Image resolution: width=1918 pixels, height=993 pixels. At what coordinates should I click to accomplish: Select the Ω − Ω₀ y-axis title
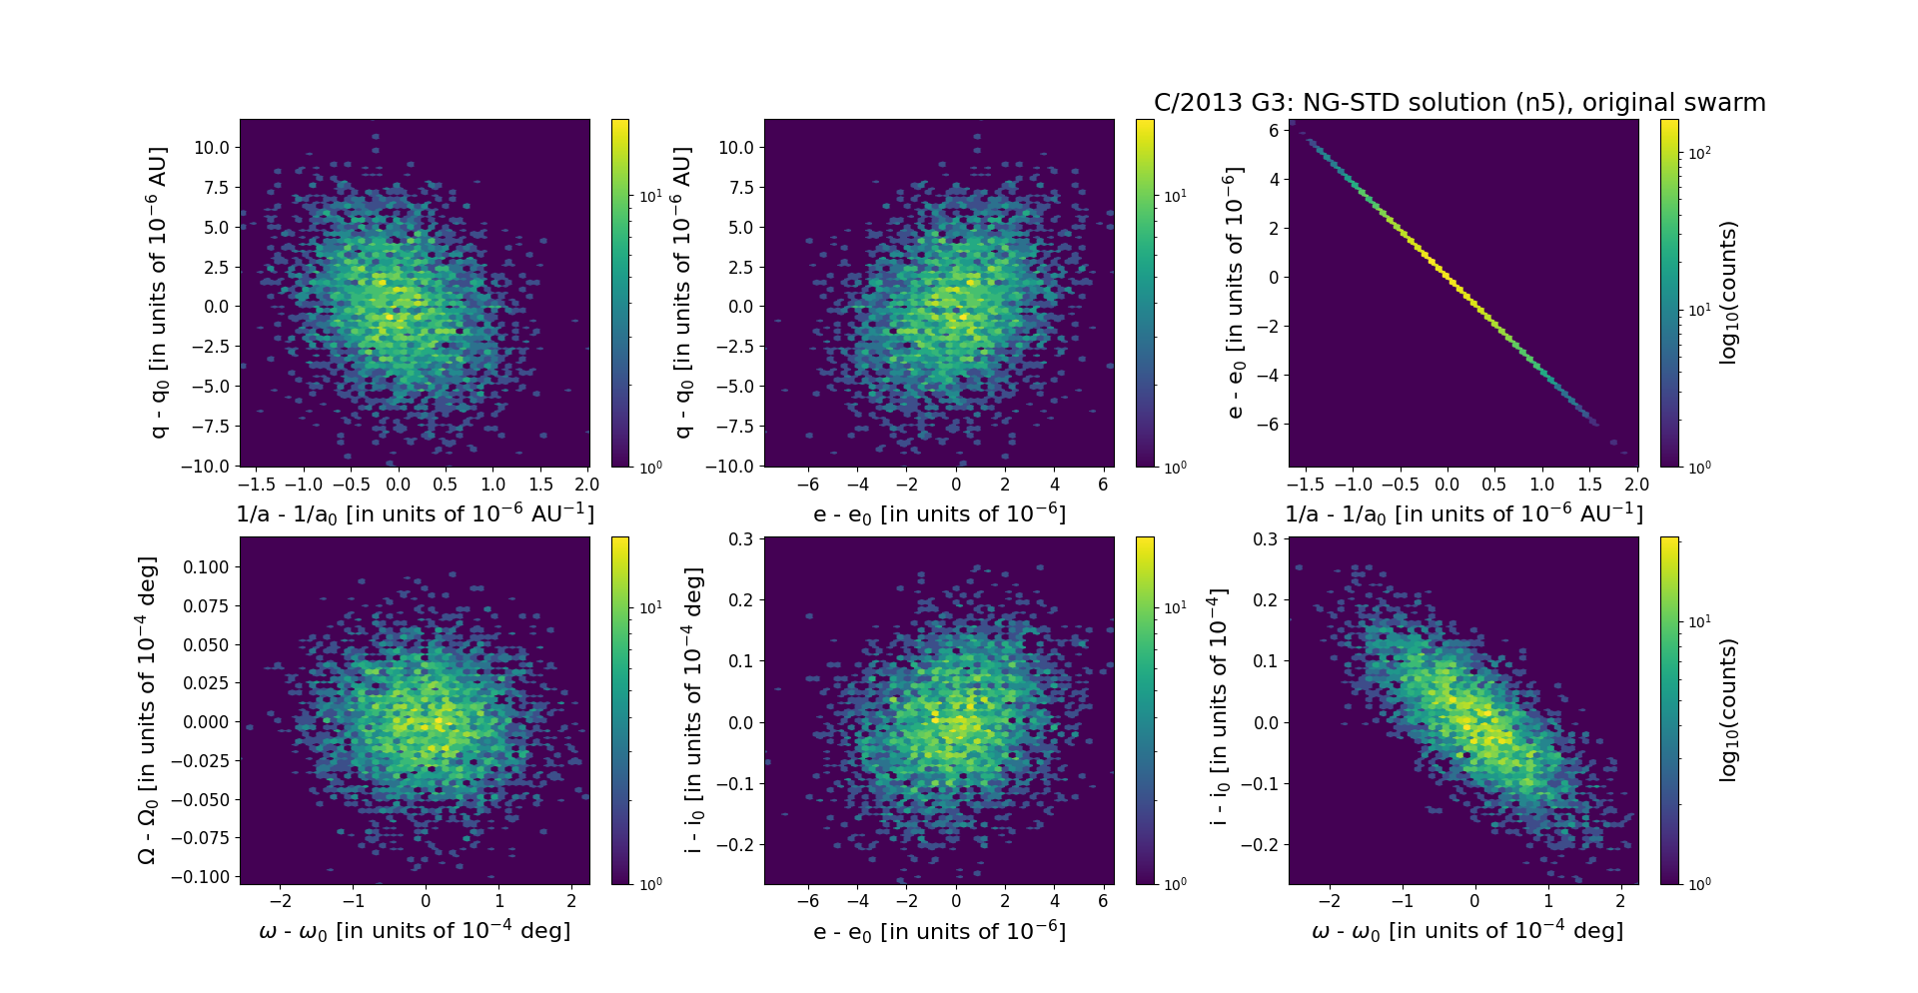point(147,710)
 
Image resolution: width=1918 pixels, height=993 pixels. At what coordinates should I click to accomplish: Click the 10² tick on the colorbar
point(1698,153)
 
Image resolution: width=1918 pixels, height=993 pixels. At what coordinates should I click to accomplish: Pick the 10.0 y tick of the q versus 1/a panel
point(211,148)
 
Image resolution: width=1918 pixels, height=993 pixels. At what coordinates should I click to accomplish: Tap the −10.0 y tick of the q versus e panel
point(728,467)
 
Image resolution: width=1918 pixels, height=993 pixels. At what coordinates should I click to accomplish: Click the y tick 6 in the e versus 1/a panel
point(1274,130)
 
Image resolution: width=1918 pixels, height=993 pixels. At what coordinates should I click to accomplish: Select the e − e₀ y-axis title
point(1236,293)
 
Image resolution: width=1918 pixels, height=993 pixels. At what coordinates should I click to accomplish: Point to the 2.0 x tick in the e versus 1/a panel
point(1636,485)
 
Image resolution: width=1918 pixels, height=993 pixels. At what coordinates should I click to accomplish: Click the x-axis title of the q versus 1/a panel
point(415,514)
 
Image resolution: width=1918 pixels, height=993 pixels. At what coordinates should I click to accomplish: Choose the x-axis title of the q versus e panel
point(939,514)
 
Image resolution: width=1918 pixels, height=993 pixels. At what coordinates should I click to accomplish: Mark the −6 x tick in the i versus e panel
point(808,901)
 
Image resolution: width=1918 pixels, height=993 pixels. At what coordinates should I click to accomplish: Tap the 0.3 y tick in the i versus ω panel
point(1265,539)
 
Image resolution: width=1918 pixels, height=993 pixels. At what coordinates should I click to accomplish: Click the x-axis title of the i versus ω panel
point(1466,931)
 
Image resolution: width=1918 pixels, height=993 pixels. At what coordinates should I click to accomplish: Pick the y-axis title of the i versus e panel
point(694,710)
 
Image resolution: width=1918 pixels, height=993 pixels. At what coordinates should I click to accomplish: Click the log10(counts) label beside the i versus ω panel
point(1729,710)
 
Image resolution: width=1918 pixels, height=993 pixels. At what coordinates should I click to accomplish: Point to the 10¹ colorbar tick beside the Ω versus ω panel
point(650,608)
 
